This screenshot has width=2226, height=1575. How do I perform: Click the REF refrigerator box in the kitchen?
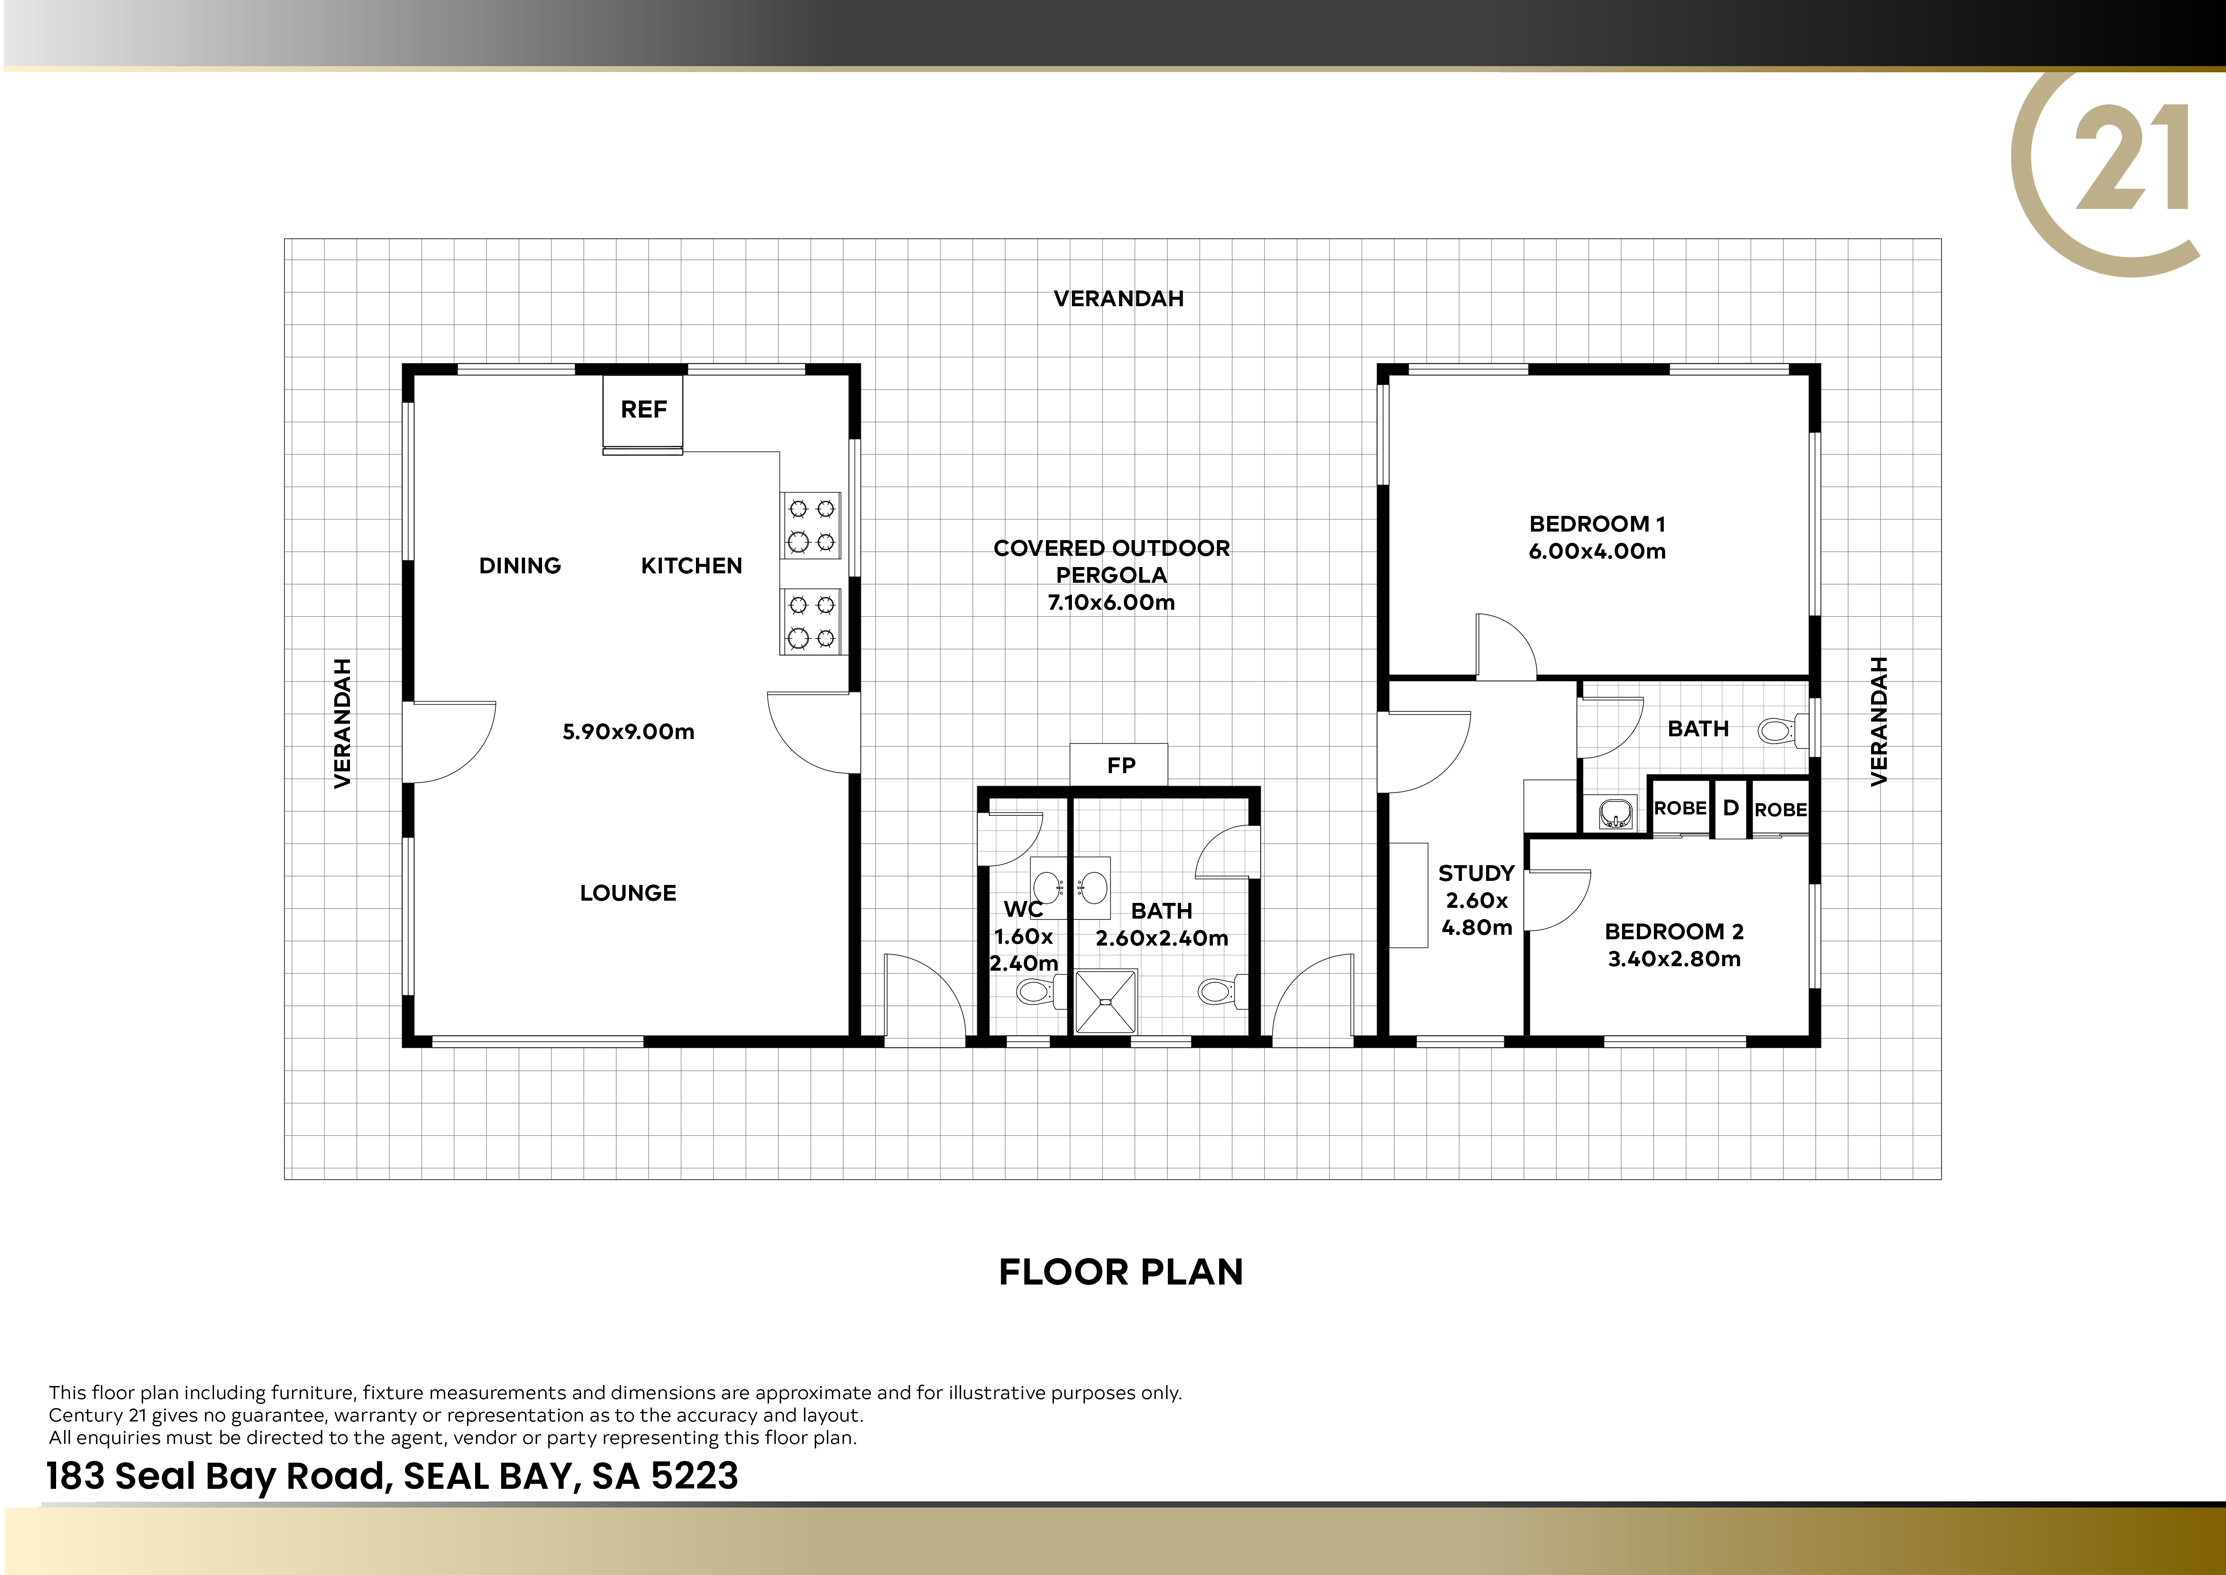pos(643,411)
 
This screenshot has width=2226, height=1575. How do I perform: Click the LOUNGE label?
pos(628,893)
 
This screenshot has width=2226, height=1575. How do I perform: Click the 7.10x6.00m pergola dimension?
pos(1111,602)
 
